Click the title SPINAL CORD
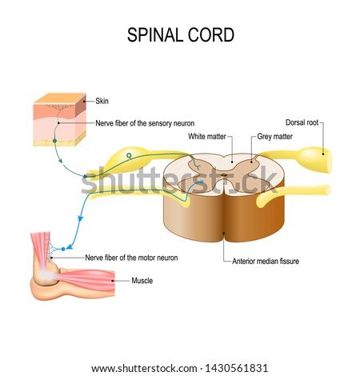pos(181,35)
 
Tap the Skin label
pos(102,101)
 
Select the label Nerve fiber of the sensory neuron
pos(145,123)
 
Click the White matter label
pos(207,137)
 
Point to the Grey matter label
pos(274,137)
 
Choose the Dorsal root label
pos(302,122)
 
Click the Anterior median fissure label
pos(266,261)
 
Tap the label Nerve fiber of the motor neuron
pos(131,258)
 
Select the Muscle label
pos(142,281)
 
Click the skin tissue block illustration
pos(60,119)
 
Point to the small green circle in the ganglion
pos(129,155)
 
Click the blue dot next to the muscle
pos(63,249)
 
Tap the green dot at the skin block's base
pos(55,141)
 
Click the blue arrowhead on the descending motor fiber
pos(80,218)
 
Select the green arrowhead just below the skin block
pos(61,161)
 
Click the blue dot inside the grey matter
pos(202,182)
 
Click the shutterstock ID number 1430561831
pos(236,368)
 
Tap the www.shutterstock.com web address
pos(144,369)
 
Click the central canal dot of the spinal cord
pos(224,175)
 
